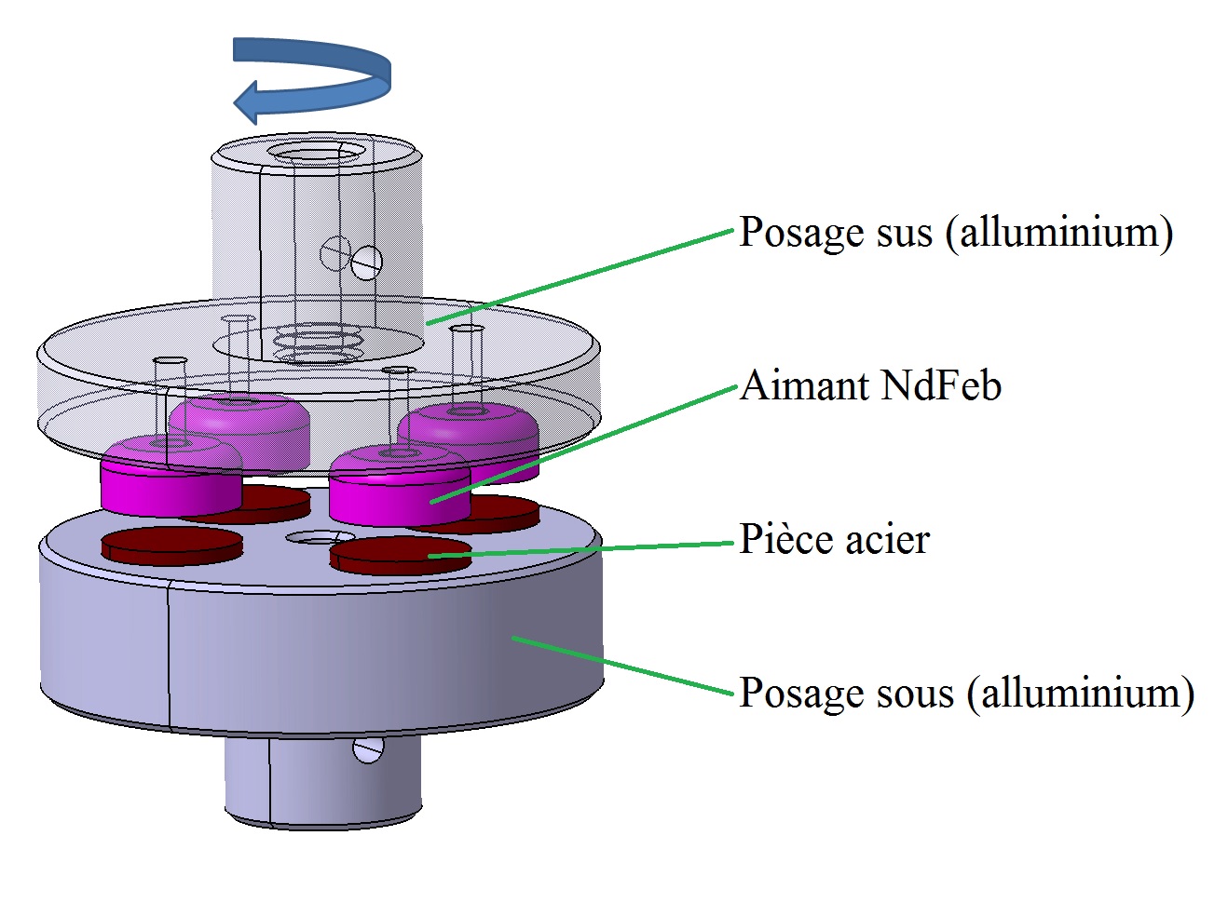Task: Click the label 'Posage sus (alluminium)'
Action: (x=955, y=232)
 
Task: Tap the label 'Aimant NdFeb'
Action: (x=870, y=385)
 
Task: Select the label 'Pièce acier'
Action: (x=834, y=540)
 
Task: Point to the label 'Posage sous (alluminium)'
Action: (x=966, y=694)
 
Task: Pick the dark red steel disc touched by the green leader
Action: (x=401, y=555)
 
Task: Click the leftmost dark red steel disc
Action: (x=171, y=546)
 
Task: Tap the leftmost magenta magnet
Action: (x=168, y=479)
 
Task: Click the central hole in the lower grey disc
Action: (x=320, y=539)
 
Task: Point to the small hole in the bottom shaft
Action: (x=368, y=749)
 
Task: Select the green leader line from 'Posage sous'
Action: (x=624, y=666)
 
